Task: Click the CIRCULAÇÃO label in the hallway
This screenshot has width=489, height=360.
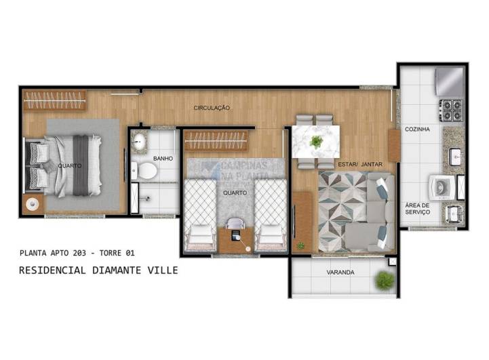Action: point(212,108)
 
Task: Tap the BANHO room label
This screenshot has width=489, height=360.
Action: point(163,159)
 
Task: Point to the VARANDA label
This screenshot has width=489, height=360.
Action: point(340,273)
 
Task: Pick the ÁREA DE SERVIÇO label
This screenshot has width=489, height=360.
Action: point(417,208)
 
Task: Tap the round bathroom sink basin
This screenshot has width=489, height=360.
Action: point(140,142)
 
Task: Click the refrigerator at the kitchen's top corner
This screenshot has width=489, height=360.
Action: point(450,82)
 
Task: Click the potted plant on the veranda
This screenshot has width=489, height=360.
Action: point(385,279)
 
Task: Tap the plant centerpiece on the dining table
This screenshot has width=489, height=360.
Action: point(316,142)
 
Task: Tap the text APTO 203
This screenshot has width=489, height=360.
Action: point(64,253)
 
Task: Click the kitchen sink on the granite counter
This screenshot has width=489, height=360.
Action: point(455,155)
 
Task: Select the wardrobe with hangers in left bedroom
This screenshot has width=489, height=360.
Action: point(54,100)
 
